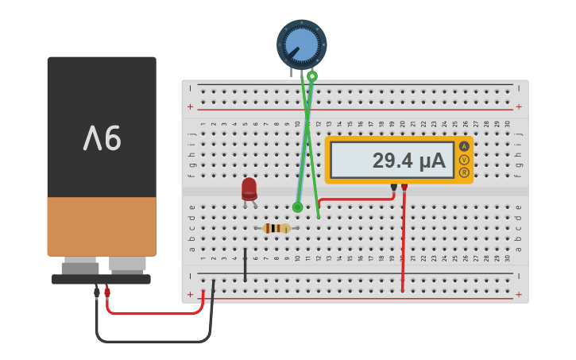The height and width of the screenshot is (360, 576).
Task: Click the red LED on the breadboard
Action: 249,188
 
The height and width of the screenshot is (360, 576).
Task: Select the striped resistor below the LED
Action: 276,228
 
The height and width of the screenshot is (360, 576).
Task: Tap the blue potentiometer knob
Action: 301,44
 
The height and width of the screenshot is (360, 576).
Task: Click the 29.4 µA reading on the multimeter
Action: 408,161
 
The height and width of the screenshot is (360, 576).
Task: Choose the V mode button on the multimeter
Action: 464,160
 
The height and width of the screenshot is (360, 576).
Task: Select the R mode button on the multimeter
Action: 464,172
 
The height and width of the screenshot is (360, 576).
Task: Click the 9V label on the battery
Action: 102,138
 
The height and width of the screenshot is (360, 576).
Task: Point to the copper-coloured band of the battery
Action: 102,226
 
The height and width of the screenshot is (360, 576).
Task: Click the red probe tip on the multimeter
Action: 404,187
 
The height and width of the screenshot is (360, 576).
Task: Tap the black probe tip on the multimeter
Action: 393,187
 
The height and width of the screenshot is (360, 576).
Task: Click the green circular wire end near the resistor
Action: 297,207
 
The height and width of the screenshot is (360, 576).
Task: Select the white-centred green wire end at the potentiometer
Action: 312,76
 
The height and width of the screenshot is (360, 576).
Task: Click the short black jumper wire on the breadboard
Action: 245,265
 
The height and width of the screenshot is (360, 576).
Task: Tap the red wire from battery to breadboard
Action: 159,313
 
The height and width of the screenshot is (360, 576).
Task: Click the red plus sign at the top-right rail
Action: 519,106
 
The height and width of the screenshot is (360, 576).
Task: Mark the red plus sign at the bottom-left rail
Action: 190,295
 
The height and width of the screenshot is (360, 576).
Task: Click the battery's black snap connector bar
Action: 101,279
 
